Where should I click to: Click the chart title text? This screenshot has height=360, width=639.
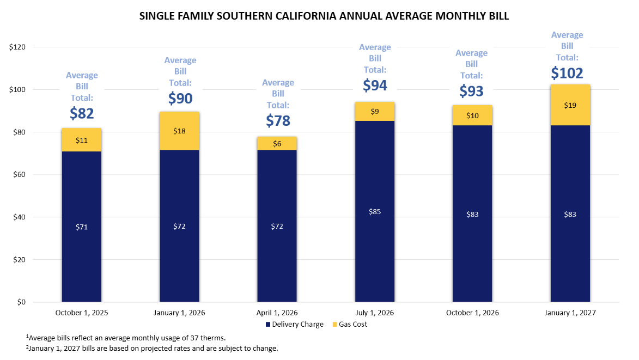[x=324, y=16]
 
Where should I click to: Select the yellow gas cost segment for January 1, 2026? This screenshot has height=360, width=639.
[x=179, y=131]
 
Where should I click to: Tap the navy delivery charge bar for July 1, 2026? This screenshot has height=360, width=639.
[x=374, y=211]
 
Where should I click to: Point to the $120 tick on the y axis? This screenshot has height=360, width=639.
[x=17, y=47]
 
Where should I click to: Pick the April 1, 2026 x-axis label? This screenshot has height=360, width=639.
[x=277, y=313]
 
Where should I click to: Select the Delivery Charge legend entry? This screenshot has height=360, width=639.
[x=295, y=324]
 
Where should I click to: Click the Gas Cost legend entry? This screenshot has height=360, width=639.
[x=350, y=324]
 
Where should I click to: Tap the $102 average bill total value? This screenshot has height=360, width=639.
[x=567, y=73]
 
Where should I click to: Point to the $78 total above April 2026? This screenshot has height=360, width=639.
[x=278, y=120]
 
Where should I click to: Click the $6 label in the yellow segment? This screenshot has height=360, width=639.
[x=277, y=143]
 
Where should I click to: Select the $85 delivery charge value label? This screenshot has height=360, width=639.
[x=374, y=211]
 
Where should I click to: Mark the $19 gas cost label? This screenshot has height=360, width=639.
[x=570, y=105]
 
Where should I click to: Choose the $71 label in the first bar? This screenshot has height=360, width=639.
[x=82, y=227]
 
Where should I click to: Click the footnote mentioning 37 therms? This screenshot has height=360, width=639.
[x=126, y=338]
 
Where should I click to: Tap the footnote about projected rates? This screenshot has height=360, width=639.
[x=152, y=348]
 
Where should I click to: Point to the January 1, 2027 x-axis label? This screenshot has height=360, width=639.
[x=570, y=313]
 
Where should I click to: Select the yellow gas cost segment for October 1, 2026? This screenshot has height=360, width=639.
[x=472, y=115]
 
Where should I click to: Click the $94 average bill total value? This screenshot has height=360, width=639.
[x=375, y=85]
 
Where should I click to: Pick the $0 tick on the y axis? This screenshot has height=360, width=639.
[x=21, y=302]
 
